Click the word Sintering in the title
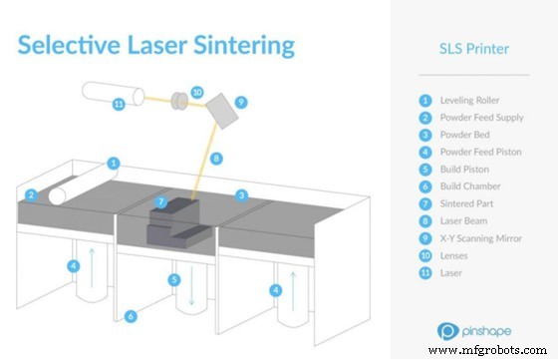[239, 46]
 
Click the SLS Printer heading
[475, 49]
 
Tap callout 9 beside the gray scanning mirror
[240, 102]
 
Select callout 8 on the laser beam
[217, 158]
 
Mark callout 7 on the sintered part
[161, 203]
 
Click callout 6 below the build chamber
[131, 316]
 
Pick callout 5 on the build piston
[174, 281]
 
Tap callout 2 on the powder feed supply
[32, 195]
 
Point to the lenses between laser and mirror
[180, 101]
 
